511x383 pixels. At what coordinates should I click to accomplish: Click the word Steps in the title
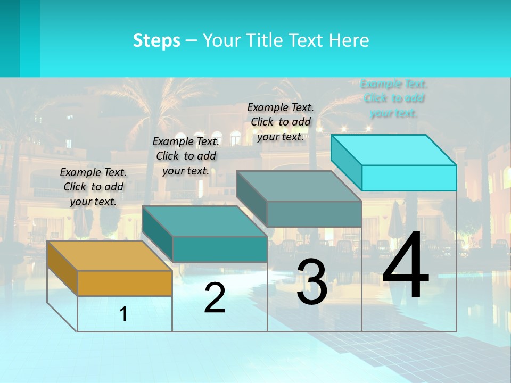pos(156,40)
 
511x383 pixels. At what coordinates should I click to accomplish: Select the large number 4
pos(406,266)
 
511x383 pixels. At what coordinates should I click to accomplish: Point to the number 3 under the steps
pos(312,282)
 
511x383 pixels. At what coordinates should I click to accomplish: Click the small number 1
pos(123,314)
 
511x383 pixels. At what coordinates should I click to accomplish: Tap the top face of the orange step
pos(109,256)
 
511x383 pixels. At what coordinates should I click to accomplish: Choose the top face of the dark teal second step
pos(204,221)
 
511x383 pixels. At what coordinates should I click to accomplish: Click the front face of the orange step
pos(125,283)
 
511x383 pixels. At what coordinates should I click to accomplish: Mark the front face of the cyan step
pos(409,178)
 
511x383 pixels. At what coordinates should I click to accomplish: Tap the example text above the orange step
pos(93,187)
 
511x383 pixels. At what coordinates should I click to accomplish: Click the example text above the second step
pos(186,156)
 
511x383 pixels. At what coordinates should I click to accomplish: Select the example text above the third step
pos(281,122)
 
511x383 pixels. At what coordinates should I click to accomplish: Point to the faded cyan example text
pos(393,98)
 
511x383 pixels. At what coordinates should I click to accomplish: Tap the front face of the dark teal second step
pos(219,249)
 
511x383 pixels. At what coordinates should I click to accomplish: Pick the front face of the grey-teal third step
pos(314,214)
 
